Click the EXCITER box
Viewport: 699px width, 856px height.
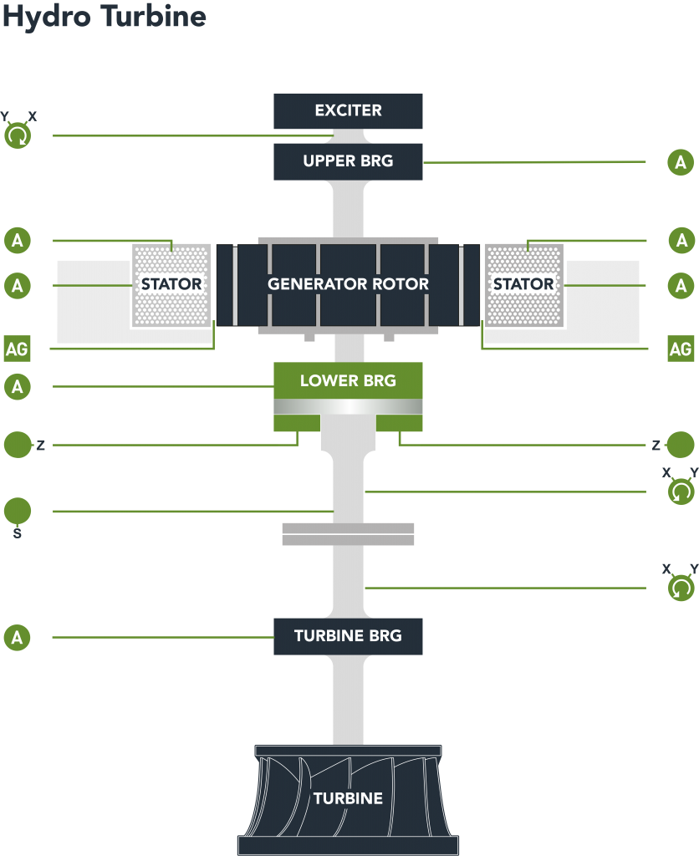click(x=348, y=110)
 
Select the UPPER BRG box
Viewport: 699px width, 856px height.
click(x=348, y=161)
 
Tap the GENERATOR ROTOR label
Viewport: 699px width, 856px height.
click(x=348, y=284)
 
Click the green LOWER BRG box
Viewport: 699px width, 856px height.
click(x=348, y=381)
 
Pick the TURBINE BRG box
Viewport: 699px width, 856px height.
click(x=348, y=636)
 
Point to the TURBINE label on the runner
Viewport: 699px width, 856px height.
click(x=348, y=798)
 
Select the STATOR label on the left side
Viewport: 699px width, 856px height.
click(x=171, y=284)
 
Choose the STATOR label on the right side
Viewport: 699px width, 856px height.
click(x=523, y=284)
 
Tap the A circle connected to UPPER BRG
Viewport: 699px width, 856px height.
click(x=681, y=162)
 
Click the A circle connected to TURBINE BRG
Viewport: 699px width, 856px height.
click(x=18, y=638)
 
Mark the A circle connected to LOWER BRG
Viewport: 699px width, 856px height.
click(x=18, y=386)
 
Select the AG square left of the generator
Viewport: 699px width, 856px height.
click(x=17, y=348)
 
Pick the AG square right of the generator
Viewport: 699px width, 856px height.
click(x=681, y=348)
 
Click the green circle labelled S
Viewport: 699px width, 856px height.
click(x=18, y=511)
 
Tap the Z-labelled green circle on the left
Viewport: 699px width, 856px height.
click(x=18, y=445)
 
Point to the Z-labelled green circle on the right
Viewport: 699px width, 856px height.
click(x=681, y=445)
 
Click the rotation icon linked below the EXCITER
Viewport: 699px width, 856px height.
click(x=18, y=135)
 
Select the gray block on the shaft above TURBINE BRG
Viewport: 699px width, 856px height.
click(x=348, y=533)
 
